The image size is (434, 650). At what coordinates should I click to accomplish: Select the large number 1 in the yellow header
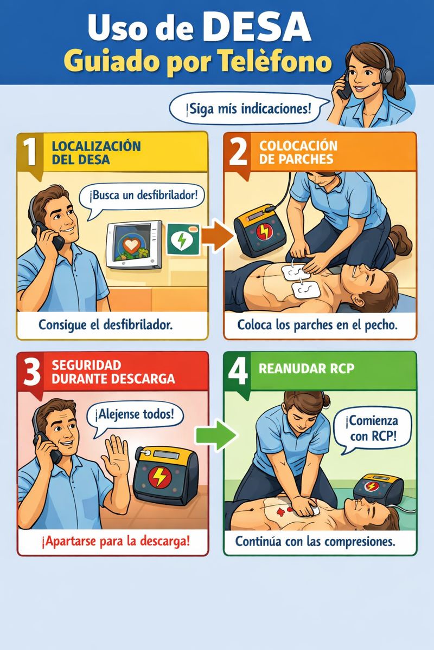pyautogui.click(x=31, y=152)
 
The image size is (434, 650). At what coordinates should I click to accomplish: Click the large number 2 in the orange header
pyautogui.click(x=238, y=152)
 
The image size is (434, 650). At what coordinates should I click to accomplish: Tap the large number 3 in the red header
pyautogui.click(x=31, y=372)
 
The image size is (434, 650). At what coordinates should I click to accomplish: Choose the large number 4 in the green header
pyautogui.click(x=238, y=371)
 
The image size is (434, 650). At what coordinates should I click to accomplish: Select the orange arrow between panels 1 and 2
pyautogui.click(x=218, y=236)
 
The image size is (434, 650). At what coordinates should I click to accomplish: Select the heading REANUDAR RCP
pyautogui.click(x=307, y=368)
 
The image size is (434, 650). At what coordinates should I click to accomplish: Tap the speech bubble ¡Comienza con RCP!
pyautogui.click(x=373, y=430)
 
